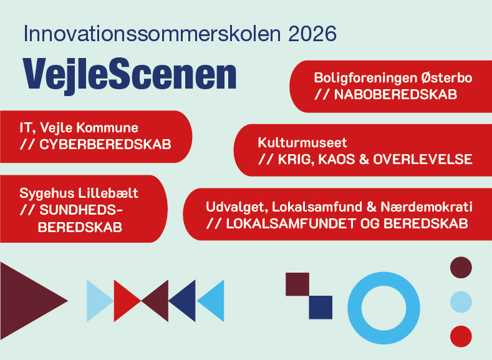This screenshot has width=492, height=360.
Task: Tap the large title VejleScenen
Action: tap(130, 75)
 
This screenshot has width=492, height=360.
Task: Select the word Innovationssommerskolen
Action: tap(152, 34)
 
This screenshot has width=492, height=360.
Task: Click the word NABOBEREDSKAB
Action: tap(395, 94)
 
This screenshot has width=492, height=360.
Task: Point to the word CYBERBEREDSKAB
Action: tap(105, 144)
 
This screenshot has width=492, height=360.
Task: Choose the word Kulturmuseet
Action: tap(302, 142)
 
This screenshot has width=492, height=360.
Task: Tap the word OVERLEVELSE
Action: tap(423, 160)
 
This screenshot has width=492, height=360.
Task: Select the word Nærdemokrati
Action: tap(427, 207)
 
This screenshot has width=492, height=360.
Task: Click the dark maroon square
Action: tap(297, 284)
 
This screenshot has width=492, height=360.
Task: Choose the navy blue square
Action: tap(321, 307)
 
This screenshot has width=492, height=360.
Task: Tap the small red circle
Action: tap(461, 336)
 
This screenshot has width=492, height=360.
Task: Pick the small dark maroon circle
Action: tap(461, 268)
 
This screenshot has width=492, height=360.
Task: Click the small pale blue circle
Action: tap(461, 302)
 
